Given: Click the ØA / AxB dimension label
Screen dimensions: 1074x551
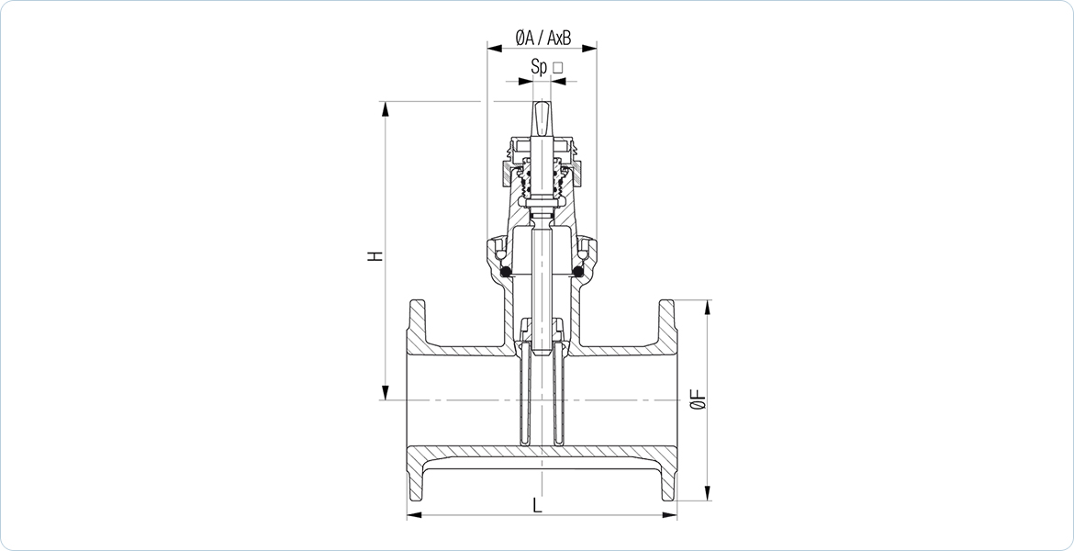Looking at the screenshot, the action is click(543, 39).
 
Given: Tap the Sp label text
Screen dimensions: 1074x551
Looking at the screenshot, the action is click(538, 67).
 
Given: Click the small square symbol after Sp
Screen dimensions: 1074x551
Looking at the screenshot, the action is click(557, 67).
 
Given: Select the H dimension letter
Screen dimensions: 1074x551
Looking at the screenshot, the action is click(375, 256).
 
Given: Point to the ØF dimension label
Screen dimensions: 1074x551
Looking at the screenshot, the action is click(699, 399).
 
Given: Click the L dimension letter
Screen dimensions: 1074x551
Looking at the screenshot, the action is click(538, 506).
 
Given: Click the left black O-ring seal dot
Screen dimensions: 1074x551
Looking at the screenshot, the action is click(506, 272).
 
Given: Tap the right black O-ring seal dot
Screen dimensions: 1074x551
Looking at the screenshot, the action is click(578, 272).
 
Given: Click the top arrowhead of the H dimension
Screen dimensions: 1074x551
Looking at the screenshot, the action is click(386, 109).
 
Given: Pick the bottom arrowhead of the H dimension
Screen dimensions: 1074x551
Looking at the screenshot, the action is click(386, 392).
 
